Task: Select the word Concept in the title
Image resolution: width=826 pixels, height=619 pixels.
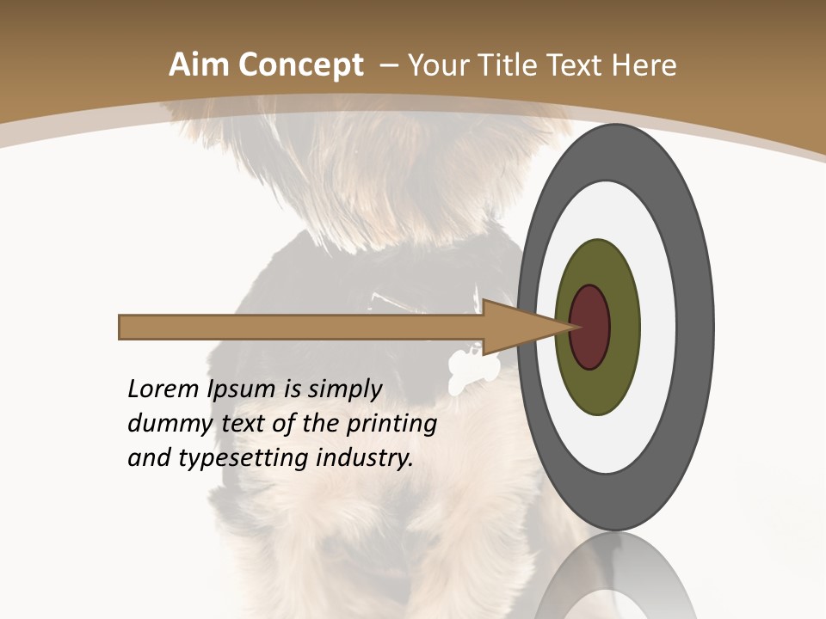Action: (x=301, y=66)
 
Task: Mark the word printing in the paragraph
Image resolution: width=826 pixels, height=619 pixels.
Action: (x=391, y=423)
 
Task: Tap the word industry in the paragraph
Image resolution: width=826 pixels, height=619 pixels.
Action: (x=365, y=457)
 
